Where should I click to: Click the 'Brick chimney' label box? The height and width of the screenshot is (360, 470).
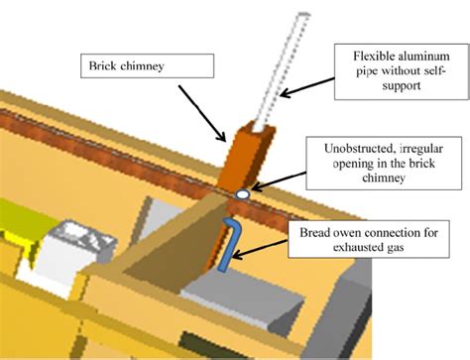(147, 66)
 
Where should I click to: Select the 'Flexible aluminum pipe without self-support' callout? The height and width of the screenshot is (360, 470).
(402, 71)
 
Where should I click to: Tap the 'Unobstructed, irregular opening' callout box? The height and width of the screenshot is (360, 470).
(384, 164)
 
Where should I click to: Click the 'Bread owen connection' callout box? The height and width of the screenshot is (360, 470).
(369, 239)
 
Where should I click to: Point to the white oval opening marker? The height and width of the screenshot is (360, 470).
(243, 194)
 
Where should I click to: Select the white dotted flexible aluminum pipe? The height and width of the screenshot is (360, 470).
(285, 71)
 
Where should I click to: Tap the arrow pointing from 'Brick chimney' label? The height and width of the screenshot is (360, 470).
(202, 113)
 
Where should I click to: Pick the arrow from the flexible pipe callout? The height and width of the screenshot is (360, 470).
(306, 87)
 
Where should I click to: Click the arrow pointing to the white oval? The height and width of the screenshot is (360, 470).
(279, 181)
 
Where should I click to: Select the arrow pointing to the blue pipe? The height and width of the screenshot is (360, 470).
(260, 249)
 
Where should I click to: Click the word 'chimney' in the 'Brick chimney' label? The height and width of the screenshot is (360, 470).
(142, 66)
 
